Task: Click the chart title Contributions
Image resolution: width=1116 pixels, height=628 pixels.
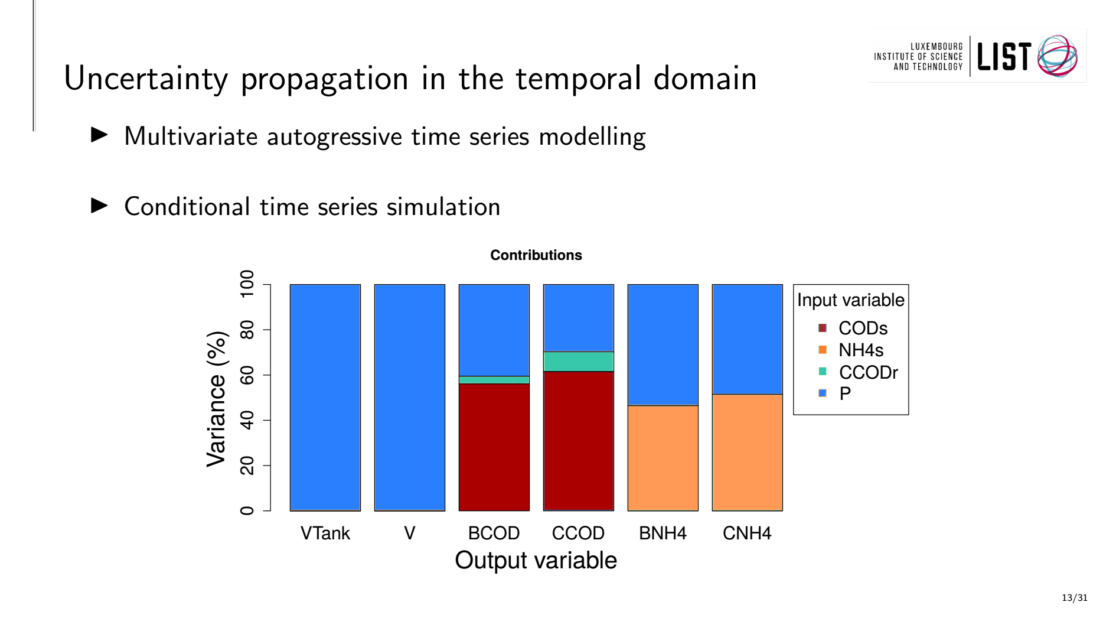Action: pyautogui.click(x=536, y=255)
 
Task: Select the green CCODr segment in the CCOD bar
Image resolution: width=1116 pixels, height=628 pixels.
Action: pyautogui.click(x=578, y=362)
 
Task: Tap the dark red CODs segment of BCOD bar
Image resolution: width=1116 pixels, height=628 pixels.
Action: pyautogui.click(x=494, y=447)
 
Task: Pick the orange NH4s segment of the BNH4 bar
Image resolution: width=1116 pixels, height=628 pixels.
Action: pyautogui.click(x=663, y=458)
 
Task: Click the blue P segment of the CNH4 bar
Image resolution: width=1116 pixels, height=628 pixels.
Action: pyautogui.click(x=747, y=339)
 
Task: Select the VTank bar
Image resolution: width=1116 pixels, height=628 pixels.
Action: pyautogui.click(x=325, y=398)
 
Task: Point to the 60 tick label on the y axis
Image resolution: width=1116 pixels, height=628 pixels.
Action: pyautogui.click(x=247, y=375)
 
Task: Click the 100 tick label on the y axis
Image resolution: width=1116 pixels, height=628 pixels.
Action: pyautogui.click(x=247, y=284)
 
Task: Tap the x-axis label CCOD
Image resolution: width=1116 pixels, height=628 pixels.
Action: pyautogui.click(x=578, y=533)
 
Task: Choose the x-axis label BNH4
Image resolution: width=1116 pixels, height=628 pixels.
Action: pyautogui.click(x=663, y=533)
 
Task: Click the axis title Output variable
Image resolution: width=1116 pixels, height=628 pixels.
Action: pyautogui.click(x=536, y=560)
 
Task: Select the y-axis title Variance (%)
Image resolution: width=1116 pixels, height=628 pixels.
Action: pyautogui.click(x=216, y=399)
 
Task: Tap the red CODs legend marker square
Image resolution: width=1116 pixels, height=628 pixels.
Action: pyautogui.click(x=823, y=328)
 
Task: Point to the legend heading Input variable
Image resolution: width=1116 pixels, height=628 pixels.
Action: pyautogui.click(x=850, y=300)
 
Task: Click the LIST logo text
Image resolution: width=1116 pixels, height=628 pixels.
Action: pyautogui.click(x=1004, y=57)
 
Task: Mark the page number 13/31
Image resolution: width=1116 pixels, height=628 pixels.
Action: pyautogui.click(x=1075, y=598)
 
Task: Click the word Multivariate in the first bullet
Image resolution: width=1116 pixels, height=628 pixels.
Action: pyautogui.click(x=191, y=136)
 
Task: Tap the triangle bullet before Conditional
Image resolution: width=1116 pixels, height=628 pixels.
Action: pyautogui.click(x=100, y=206)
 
